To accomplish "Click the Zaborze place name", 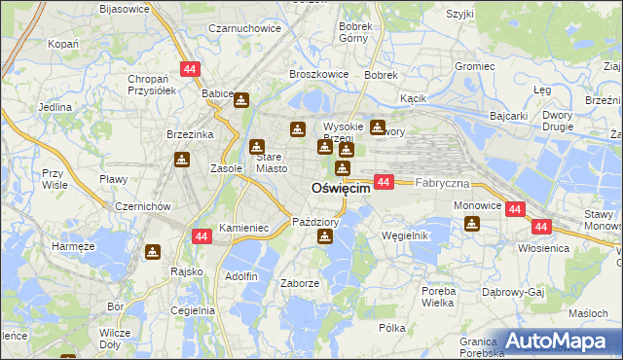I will click(299, 283).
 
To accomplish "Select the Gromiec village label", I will click(475, 67).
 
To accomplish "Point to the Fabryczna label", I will click(443, 183).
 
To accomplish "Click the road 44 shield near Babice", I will click(189, 69).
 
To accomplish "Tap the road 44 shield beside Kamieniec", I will click(202, 236).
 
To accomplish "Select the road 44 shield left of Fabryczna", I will click(384, 182).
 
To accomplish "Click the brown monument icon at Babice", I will click(240, 98).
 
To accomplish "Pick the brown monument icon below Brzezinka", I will click(182, 160).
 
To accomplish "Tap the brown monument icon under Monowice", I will click(472, 225).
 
